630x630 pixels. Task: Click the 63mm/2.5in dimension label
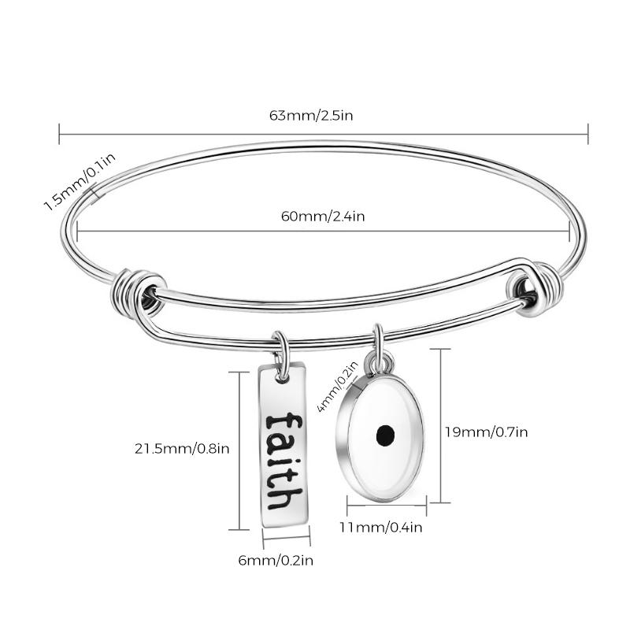coord(310,115)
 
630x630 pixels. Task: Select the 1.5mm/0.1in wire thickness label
coord(79,181)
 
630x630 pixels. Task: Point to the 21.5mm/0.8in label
coord(182,449)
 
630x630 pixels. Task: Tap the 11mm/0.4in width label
coord(381,527)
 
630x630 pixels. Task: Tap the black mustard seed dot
coord(385,434)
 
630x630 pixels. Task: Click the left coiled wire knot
coord(139,291)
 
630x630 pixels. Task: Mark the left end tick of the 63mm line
coord(60,133)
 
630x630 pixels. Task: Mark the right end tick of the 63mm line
coord(587,133)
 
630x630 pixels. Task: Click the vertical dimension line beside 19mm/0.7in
coord(441,425)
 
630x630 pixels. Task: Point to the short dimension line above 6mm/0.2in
coord(287,540)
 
